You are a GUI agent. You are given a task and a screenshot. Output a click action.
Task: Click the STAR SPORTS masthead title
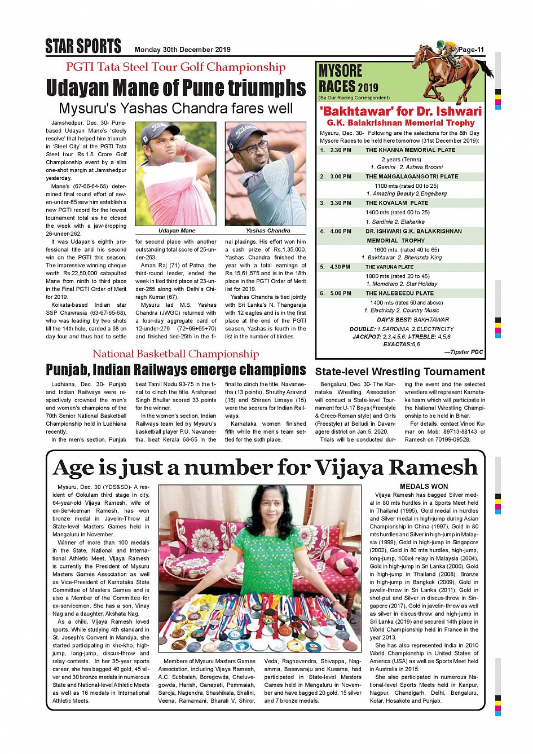point(83,46)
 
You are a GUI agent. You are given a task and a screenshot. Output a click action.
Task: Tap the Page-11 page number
point(471,50)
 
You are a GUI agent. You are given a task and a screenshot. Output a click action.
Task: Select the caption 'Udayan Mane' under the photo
point(177,231)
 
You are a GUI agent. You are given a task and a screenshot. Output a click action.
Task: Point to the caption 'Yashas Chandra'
point(268,231)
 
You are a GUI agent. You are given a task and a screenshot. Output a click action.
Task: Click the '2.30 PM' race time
point(341,151)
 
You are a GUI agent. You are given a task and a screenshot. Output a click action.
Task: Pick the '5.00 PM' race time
point(341,293)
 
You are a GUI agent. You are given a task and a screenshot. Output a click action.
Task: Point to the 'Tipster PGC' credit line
point(464,352)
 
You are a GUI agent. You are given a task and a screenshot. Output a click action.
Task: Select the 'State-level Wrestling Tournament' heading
point(400,372)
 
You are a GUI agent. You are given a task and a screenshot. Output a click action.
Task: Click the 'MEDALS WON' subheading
point(424,486)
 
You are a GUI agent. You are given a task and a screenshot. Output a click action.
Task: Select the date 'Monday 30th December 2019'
point(182,50)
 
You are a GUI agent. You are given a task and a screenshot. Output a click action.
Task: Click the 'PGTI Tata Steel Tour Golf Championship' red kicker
point(175,67)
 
